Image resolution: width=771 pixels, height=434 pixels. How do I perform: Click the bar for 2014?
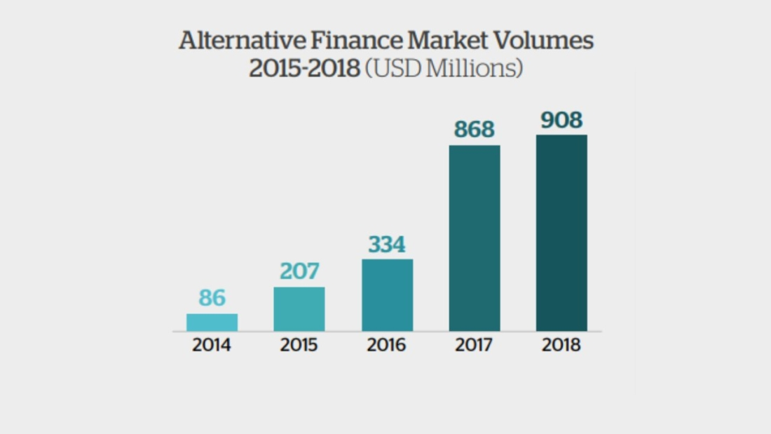(212, 323)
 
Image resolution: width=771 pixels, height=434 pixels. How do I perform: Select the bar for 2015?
(299, 309)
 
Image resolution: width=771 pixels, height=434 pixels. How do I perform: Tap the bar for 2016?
(387, 295)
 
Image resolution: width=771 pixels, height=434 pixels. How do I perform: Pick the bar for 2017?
(475, 238)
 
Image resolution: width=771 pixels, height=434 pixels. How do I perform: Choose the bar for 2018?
(561, 233)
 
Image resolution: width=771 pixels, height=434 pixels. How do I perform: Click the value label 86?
(212, 298)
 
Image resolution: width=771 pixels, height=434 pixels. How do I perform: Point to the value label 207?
(299, 271)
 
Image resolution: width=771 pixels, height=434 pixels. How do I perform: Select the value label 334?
(387, 245)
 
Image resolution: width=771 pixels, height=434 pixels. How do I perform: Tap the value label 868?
(475, 130)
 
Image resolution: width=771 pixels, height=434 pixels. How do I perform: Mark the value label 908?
(561, 121)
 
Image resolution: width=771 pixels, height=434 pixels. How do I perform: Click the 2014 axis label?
(212, 346)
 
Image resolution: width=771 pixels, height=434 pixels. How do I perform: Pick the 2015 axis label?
(299, 346)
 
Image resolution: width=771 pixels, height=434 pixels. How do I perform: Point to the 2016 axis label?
(387, 346)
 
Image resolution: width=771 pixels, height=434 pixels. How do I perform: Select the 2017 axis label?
(475, 346)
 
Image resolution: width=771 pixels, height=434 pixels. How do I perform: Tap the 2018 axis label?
(561, 346)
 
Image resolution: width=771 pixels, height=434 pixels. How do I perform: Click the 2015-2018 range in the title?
(304, 69)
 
